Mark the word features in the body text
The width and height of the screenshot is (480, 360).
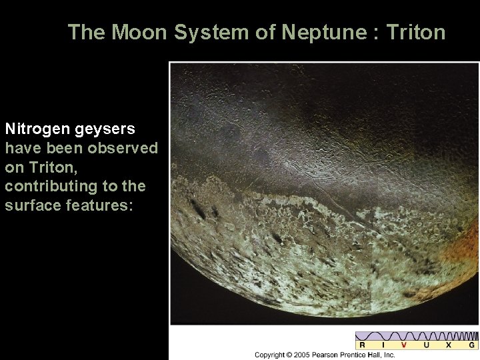(x=99, y=205)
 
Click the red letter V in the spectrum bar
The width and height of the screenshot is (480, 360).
(x=403, y=345)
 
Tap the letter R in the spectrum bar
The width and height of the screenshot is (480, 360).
(x=362, y=345)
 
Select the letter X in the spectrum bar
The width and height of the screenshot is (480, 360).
(x=448, y=345)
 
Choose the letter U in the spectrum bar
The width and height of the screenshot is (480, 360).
(x=426, y=345)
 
